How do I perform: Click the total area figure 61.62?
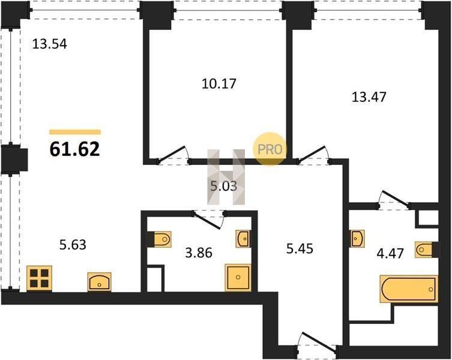tap(74, 149)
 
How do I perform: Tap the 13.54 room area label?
tap(50, 44)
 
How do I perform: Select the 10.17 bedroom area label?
tap(218, 84)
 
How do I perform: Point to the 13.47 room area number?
tap(369, 97)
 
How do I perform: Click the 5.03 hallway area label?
tap(224, 186)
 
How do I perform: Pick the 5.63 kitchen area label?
tap(73, 245)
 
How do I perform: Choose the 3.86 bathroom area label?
tap(199, 253)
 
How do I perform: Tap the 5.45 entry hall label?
tap(300, 248)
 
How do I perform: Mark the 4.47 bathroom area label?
tap(390, 254)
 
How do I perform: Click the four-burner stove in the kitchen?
tap(39, 278)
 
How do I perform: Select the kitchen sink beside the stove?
tap(100, 282)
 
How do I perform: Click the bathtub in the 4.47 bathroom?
tap(409, 289)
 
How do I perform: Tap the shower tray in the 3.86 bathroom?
tap(238, 277)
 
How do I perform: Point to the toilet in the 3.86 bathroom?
tap(160, 239)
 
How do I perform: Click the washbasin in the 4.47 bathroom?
tap(357, 238)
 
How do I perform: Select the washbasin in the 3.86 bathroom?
tap(243, 239)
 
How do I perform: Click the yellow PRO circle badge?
tap(270, 149)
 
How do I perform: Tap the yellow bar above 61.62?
tap(75, 132)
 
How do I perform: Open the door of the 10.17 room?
tap(171, 154)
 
